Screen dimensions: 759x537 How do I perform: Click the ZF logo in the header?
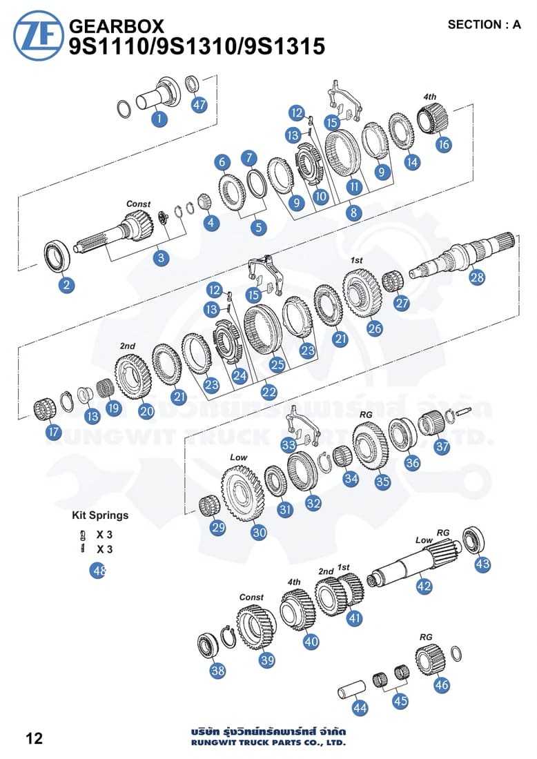tap(38, 35)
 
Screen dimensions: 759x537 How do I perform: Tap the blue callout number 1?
tap(159, 119)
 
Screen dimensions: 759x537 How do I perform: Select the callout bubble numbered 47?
tap(199, 106)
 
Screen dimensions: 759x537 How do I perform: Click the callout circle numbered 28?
tap(477, 277)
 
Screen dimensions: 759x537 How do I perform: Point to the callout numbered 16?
tap(443, 144)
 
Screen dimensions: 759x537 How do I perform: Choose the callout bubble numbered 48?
tap(99, 571)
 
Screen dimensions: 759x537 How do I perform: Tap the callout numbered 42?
tap(424, 586)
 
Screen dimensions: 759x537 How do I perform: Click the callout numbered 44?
tap(360, 707)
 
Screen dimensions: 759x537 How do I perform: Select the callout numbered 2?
tap(66, 284)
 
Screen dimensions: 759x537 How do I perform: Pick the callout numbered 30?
tap(259, 532)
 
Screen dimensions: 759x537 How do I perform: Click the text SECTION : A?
tap(484, 25)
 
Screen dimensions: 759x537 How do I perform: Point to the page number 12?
tap(35, 738)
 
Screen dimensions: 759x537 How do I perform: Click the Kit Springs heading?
tap(100, 515)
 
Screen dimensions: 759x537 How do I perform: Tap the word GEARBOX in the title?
tap(117, 26)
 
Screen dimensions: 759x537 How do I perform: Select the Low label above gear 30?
tap(238, 457)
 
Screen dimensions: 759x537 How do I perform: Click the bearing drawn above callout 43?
tap(475, 539)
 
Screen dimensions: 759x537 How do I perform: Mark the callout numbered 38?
tap(218, 670)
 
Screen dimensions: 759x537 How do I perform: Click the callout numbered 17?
tap(53, 433)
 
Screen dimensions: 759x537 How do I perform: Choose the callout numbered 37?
tap(442, 446)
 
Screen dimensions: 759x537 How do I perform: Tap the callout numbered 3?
tap(161, 258)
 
